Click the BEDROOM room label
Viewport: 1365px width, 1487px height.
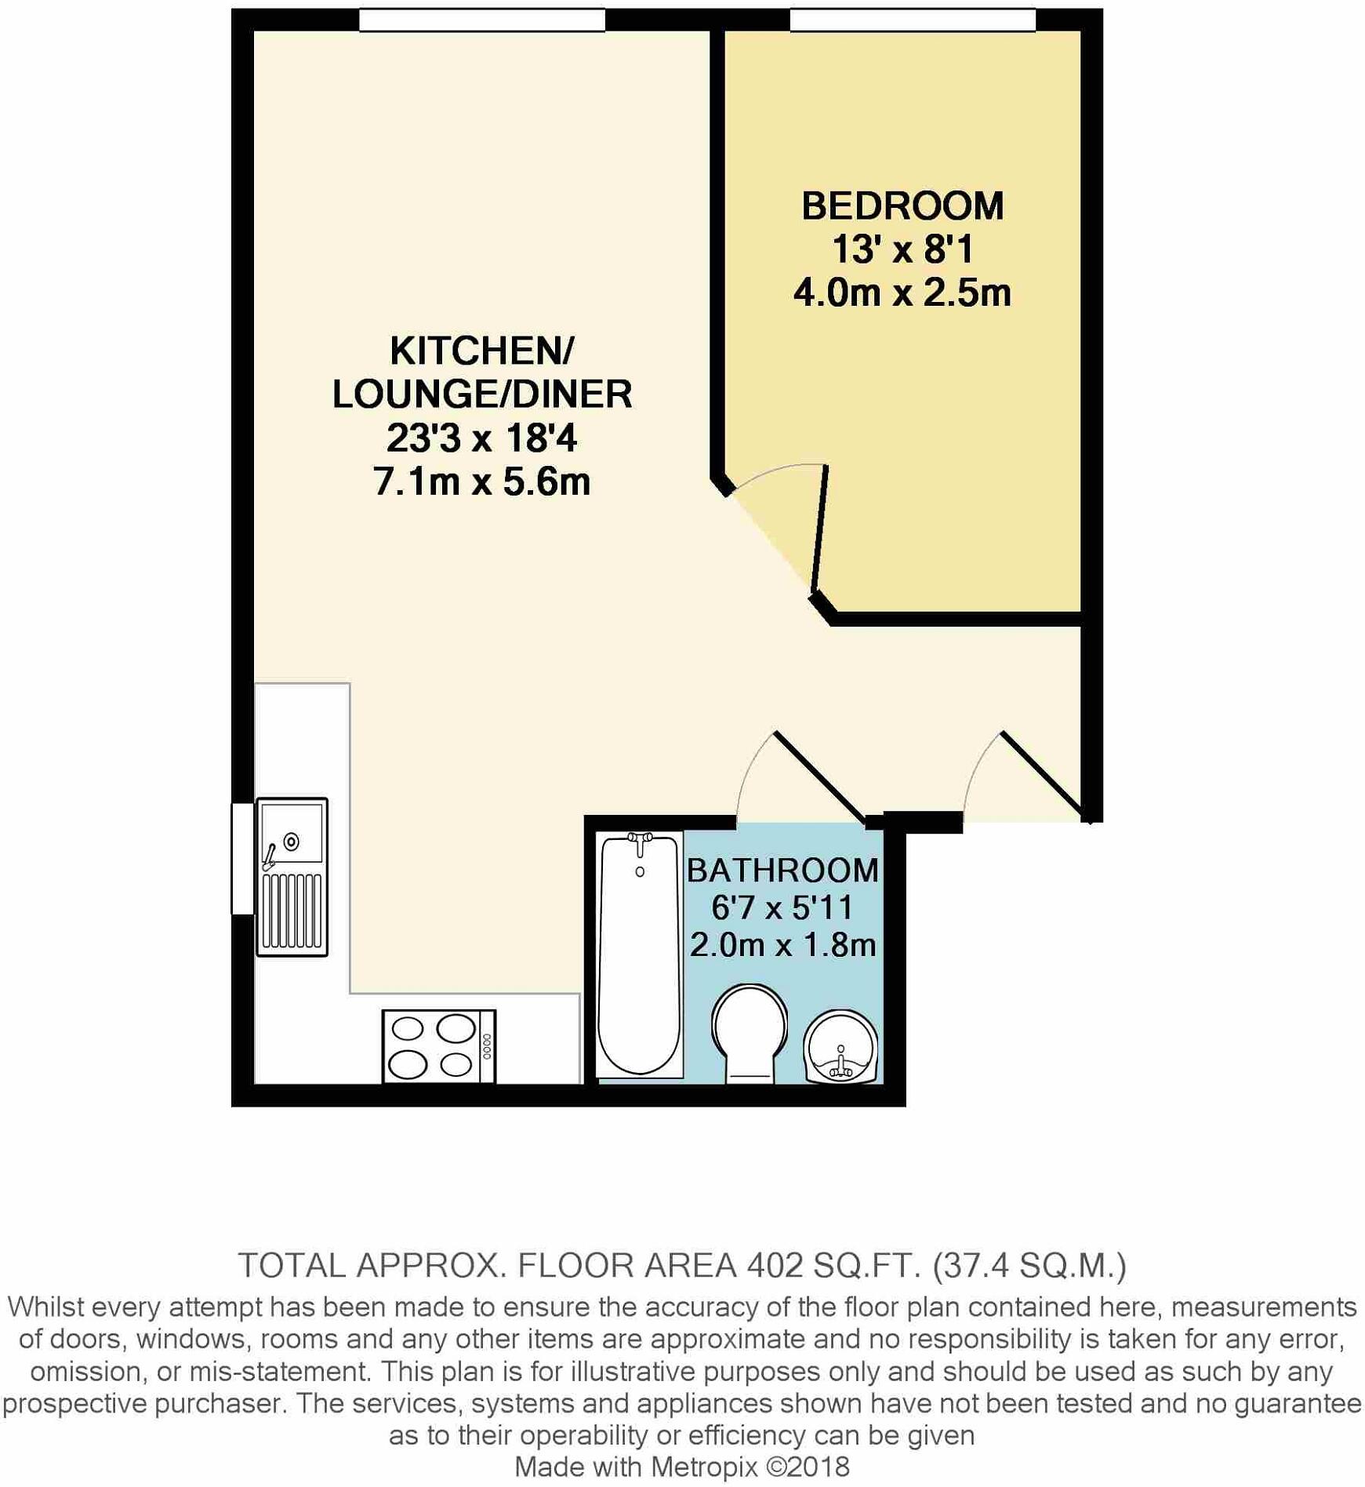[x=902, y=206]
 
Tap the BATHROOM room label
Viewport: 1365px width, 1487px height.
[x=782, y=871]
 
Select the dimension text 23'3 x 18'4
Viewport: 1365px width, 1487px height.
[x=481, y=438]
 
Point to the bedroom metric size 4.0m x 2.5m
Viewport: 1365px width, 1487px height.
[x=902, y=293]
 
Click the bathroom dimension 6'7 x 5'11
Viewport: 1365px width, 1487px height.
[x=782, y=907]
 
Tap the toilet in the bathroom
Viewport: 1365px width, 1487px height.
[x=749, y=1031]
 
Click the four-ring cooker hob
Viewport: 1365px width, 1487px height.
[x=438, y=1046]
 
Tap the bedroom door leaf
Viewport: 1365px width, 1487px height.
[x=819, y=528]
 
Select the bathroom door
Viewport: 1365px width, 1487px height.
[x=819, y=776]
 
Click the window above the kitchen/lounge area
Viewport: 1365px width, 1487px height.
[x=481, y=20]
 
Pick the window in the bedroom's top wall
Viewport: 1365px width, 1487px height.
[x=912, y=20]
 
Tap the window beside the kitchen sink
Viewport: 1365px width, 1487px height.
[x=242, y=858]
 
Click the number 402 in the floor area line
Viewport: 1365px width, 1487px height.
[x=775, y=1265]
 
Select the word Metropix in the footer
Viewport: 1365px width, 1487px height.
[x=704, y=1467]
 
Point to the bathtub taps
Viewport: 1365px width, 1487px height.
[x=640, y=839]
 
